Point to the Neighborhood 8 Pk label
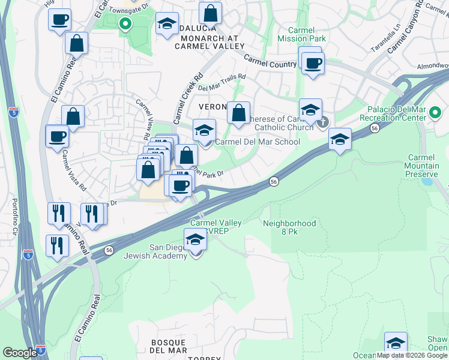(289, 228)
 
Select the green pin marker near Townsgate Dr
(125, 25)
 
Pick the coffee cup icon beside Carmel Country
(312, 62)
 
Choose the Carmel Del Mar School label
(257, 142)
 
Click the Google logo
(20, 353)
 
